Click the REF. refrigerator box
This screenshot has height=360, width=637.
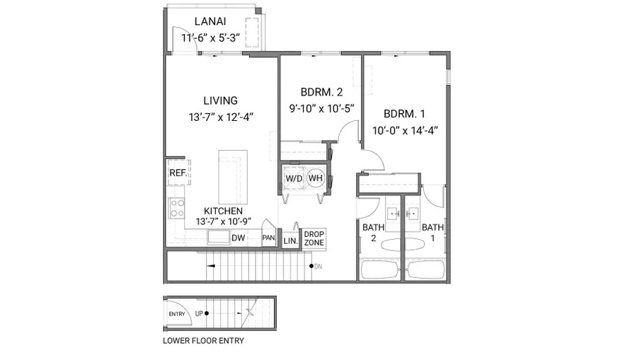tap(176, 173)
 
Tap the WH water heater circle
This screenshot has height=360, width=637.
tap(315, 178)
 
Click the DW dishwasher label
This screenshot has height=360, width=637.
tap(238, 238)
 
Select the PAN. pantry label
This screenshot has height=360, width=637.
tap(268, 238)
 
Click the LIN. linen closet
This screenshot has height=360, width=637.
tap(290, 240)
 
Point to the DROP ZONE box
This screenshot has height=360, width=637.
tap(314, 238)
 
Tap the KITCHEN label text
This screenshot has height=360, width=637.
tap(224, 211)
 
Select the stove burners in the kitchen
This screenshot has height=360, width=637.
tap(176, 208)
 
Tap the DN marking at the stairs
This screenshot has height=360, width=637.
tap(318, 267)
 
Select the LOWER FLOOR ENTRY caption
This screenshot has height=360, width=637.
tap(203, 341)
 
